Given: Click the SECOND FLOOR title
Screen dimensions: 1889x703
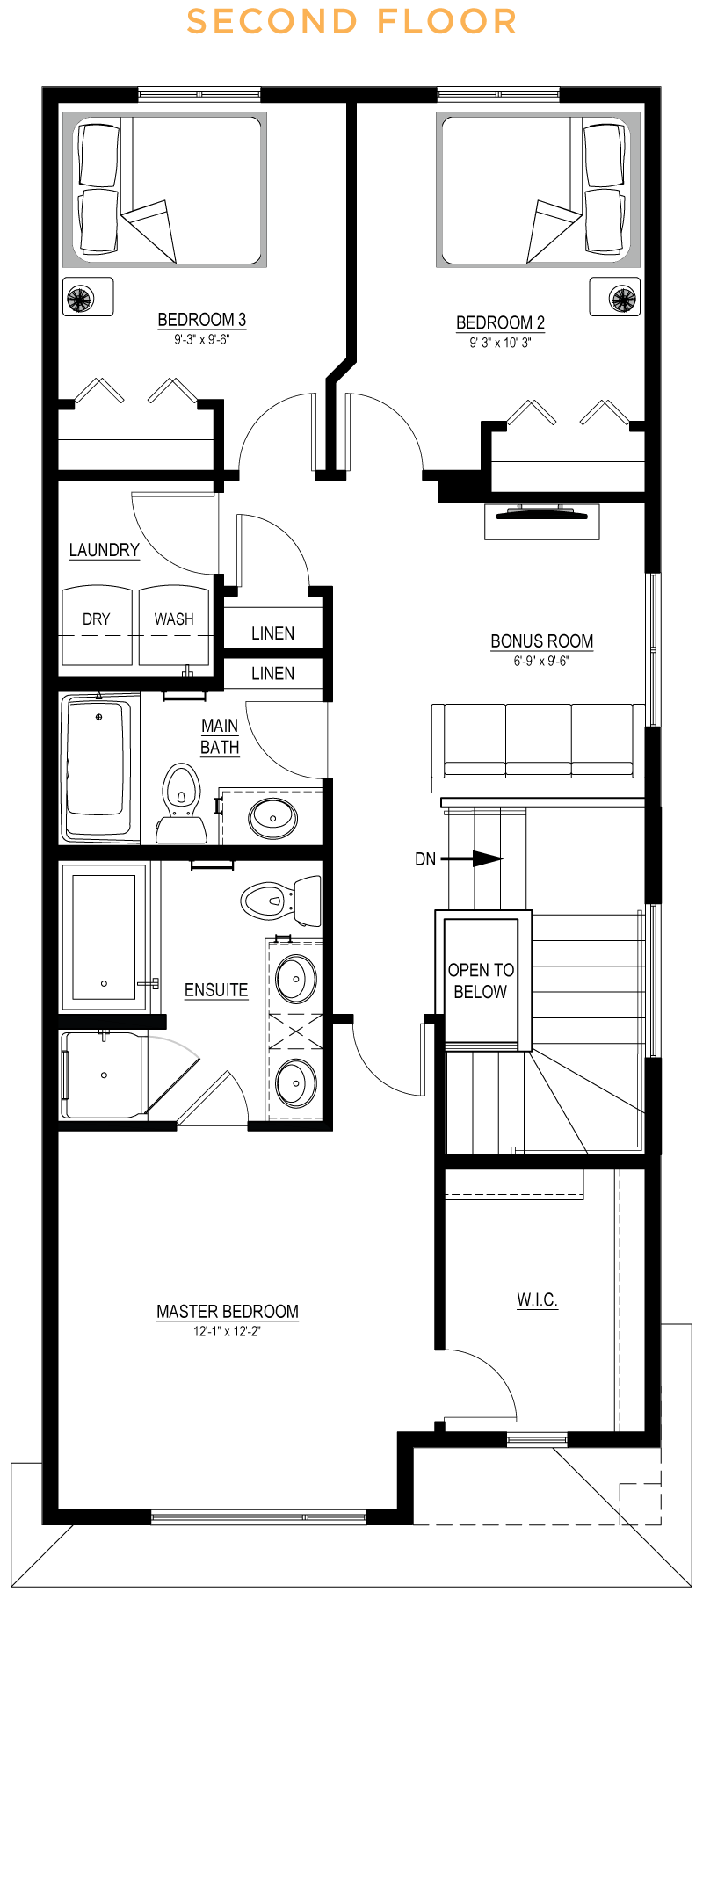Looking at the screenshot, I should (x=351, y=22).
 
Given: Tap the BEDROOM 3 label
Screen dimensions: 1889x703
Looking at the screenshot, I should (x=201, y=320).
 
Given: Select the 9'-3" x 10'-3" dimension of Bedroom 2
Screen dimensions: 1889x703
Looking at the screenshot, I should (x=499, y=343).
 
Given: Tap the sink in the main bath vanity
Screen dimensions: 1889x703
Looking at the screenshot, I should (x=272, y=818).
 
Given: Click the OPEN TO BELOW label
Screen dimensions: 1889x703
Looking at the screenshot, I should (x=480, y=981).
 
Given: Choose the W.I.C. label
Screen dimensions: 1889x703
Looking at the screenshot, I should (x=537, y=1299).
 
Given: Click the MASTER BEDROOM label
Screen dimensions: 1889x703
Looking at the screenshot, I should (x=227, y=1312).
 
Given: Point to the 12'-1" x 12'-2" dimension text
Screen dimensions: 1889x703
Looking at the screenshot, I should (x=227, y=1332).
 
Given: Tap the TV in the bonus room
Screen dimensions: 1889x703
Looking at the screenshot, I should (x=541, y=515).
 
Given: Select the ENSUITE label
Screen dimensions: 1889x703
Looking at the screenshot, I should (x=216, y=990).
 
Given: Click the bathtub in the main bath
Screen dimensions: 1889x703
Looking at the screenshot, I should (x=98, y=764).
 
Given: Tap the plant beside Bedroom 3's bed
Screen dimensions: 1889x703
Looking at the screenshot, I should (x=80, y=299).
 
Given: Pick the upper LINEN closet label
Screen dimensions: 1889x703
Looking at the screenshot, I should (x=272, y=633).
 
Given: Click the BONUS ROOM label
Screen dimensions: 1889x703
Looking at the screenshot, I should (x=541, y=641).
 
